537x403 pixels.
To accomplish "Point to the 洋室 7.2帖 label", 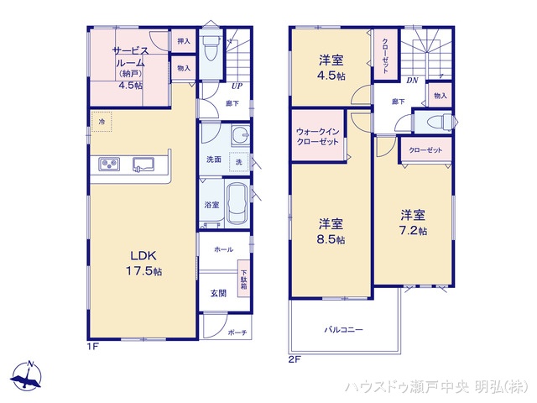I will click(414, 222).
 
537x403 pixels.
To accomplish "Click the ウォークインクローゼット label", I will click(318, 137).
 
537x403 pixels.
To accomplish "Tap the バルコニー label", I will click(344, 330).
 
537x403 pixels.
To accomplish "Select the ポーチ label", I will click(237, 332).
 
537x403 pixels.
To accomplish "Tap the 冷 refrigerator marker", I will click(102, 123).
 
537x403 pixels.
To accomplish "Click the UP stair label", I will click(237, 86).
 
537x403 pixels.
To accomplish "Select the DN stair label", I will click(412, 81).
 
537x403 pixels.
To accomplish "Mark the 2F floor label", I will click(295, 359).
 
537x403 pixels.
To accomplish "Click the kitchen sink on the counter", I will click(142, 164).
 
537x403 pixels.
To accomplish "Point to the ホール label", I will click(223, 249).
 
